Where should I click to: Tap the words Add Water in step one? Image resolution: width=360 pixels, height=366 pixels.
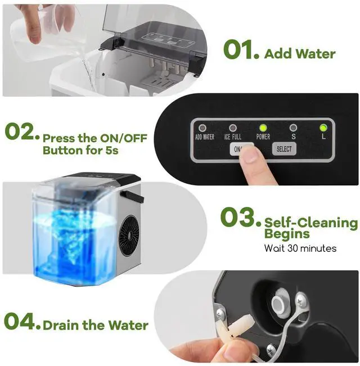point(299,54)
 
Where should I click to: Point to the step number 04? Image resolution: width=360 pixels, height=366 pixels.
point(22,322)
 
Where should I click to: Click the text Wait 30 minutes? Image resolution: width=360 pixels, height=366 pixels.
point(300,248)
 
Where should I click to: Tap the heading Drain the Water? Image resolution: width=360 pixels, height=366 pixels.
point(96,325)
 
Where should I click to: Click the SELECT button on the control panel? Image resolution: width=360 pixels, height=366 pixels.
point(284,149)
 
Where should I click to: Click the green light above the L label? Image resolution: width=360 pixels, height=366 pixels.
point(323,127)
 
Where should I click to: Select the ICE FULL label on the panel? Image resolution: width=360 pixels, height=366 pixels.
point(232,137)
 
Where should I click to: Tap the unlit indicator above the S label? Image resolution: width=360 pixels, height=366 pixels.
point(292,128)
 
